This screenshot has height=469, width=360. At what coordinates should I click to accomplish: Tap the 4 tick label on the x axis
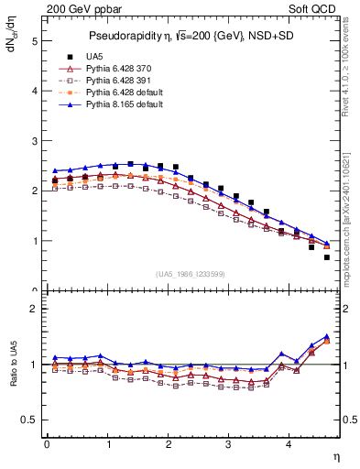coord(289,444)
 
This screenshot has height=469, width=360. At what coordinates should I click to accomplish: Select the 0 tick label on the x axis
coord(47,444)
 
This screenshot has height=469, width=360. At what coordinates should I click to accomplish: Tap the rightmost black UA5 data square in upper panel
coord(326,257)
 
